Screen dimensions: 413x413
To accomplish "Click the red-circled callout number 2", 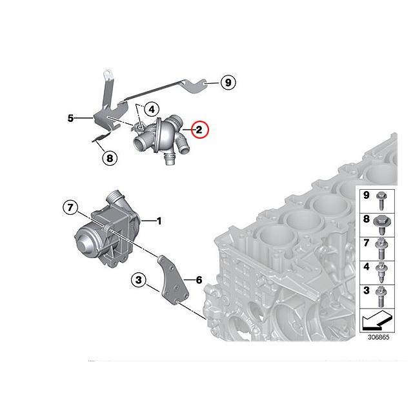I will (x=199, y=130).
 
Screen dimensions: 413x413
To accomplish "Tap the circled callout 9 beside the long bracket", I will (x=228, y=83).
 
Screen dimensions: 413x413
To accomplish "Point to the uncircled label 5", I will (x=70, y=118).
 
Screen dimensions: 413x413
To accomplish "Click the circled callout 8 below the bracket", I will (x=109, y=157).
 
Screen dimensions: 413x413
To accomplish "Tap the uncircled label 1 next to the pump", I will (x=159, y=221).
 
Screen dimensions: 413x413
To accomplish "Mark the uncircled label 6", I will (x=199, y=280).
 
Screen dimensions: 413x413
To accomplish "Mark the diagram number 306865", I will (x=379, y=337).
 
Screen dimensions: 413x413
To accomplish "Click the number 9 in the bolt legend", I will (x=365, y=195).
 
